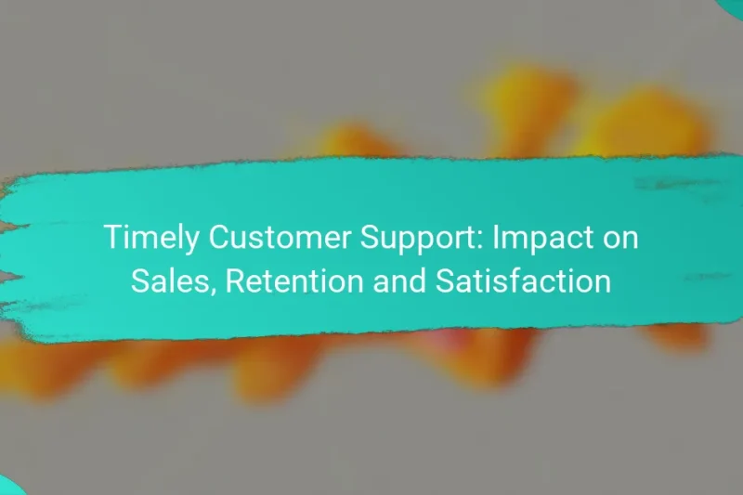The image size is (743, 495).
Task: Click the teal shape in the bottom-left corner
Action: pyautogui.click(x=7, y=486)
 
